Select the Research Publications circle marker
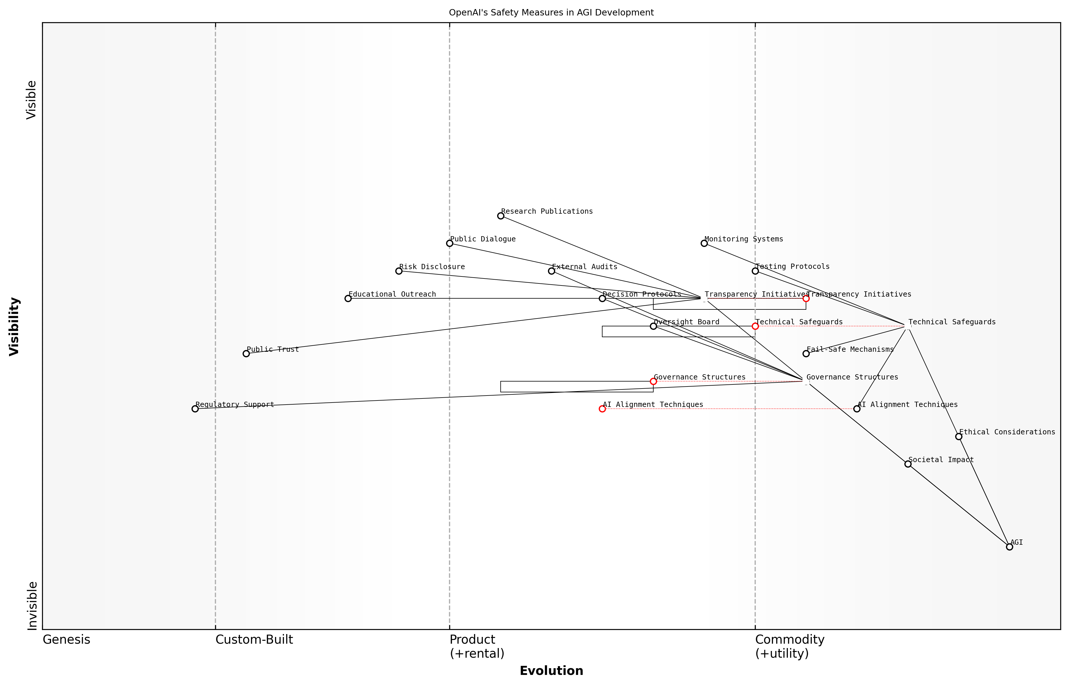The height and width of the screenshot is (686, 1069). click(501, 216)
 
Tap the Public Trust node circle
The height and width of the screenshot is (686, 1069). click(246, 354)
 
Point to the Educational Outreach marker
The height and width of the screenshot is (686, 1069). click(348, 298)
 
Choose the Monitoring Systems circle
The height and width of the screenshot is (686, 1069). click(704, 243)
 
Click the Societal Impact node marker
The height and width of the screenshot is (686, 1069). click(908, 464)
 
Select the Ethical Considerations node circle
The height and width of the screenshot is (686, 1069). click(959, 436)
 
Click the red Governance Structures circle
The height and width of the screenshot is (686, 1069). click(653, 381)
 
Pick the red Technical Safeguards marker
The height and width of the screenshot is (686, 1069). click(755, 326)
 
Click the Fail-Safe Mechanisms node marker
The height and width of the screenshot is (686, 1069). click(806, 354)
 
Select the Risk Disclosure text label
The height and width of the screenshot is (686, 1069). click(432, 267)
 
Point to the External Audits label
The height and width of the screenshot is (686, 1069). click(584, 267)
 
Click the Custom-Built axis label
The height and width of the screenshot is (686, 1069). click(254, 640)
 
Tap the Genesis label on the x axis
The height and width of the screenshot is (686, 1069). click(66, 640)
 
